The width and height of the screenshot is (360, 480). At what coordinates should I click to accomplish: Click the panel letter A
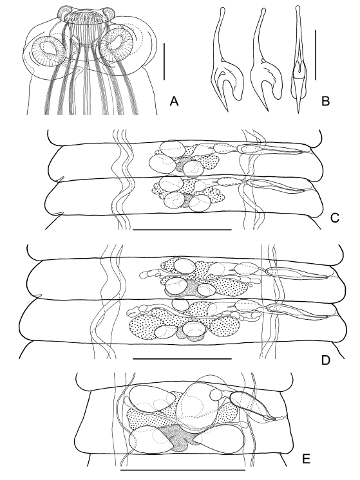pyautogui.click(x=174, y=101)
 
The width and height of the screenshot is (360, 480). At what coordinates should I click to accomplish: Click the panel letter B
pyautogui.click(x=326, y=101)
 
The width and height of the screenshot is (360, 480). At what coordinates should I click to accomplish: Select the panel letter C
pyautogui.click(x=335, y=217)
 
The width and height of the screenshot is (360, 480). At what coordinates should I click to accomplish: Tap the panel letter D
pyautogui.click(x=325, y=360)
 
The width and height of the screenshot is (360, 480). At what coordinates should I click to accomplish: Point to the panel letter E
pyautogui.click(x=306, y=459)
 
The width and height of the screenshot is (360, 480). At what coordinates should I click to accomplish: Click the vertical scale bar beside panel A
pyautogui.click(x=164, y=62)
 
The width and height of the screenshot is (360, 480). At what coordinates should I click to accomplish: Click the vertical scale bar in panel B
pyautogui.click(x=315, y=55)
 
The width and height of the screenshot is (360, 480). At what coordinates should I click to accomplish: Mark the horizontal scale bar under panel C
pyautogui.click(x=182, y=229)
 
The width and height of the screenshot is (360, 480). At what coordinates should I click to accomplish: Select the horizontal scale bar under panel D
pyautogui.click(x=182, y=358)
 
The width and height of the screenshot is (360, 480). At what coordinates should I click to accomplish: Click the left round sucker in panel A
pyautogui.click(x=48, y=51)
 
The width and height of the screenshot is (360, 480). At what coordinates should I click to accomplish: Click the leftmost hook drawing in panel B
pyautogui.click(x=226, y=59)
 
